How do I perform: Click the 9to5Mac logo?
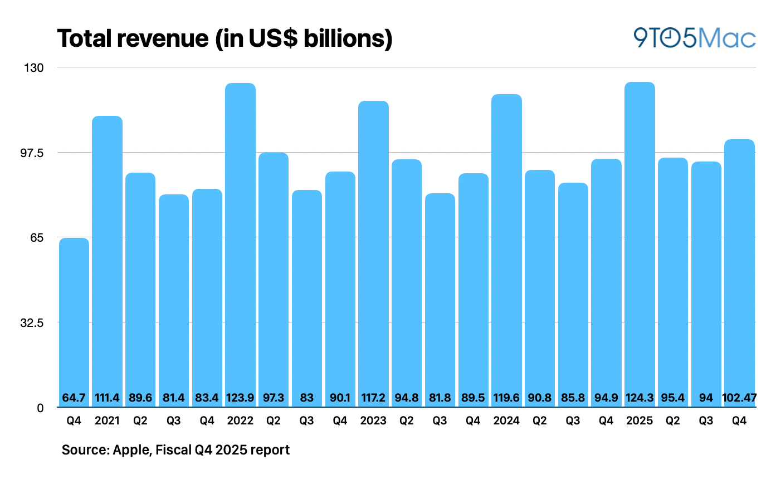[x=694, y=38]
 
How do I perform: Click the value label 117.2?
[x=373, y=399]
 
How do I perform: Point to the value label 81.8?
[x=440, y=399]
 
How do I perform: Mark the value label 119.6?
[x=506, y=399]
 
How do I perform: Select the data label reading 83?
[x=307, y=399]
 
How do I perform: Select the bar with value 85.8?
[x=573, y=290]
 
